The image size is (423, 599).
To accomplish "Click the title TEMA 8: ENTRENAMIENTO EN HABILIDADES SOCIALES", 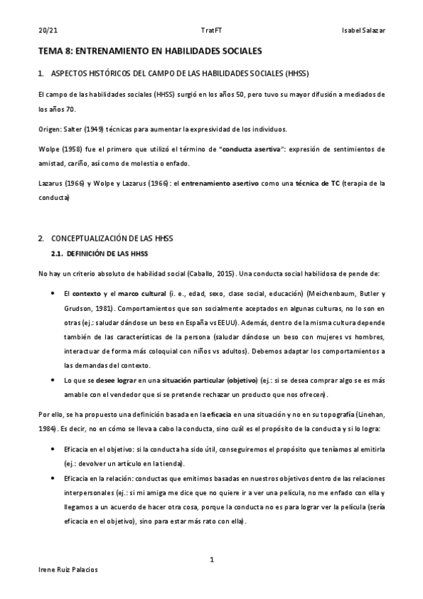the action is click(150, 52).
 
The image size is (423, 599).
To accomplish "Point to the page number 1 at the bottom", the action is click(211, 560).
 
